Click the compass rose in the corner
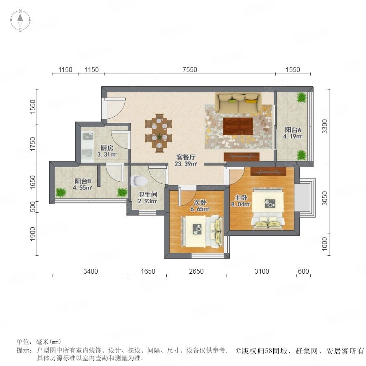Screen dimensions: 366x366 click(20, 20)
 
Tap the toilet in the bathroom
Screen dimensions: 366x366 click(139, 181)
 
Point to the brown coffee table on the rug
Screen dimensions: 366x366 click(238, 126)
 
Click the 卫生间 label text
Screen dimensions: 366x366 click(148, 194)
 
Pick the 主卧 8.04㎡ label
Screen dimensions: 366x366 click(241, 201)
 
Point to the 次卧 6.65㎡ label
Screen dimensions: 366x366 click(200, 205)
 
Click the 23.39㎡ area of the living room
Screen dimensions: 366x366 click(186, 163)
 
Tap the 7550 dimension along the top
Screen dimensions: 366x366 click(190, 70)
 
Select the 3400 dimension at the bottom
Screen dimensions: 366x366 click(91, 271)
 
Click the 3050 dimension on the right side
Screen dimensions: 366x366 click(325, 198)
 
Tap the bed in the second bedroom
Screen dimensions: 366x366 click(202, 231)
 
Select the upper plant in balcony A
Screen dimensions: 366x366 click(301, 97)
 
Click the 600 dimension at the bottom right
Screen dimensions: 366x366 click(303, 271)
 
